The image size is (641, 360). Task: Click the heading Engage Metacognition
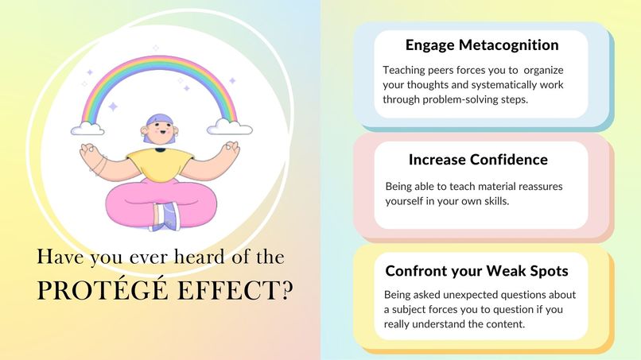(x=481, y=45)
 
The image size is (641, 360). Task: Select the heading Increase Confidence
(x=478, y=159)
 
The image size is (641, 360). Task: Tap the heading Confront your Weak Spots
(x=476, y=270)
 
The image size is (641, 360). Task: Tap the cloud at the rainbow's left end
(x=87, y=128)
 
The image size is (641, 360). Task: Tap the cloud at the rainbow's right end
(x=230, y=126)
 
